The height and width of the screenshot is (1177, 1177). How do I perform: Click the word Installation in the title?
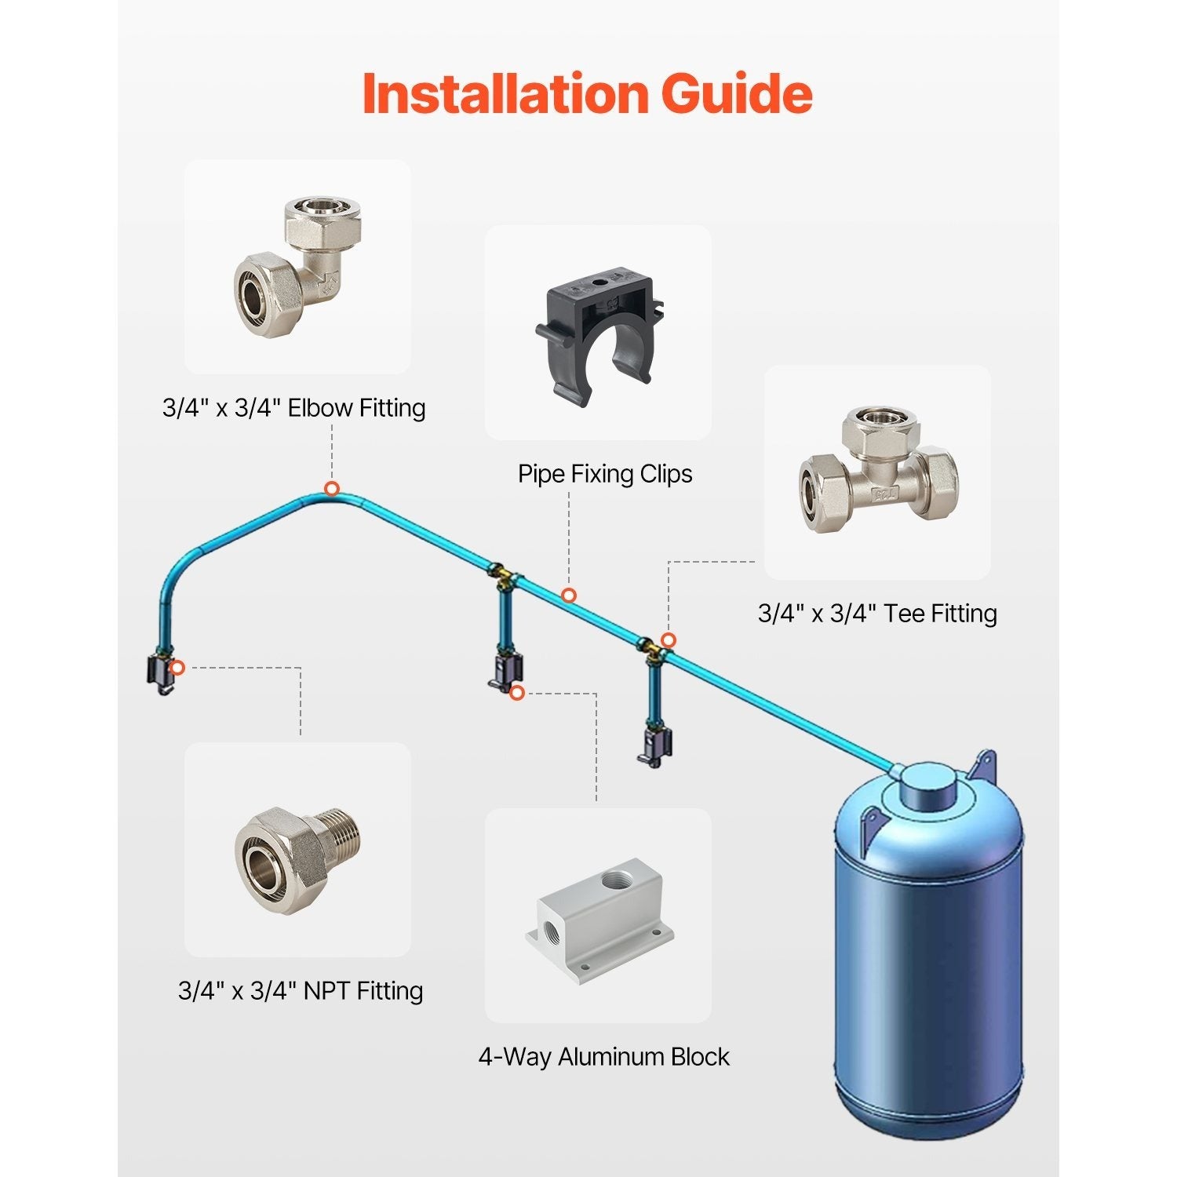505,93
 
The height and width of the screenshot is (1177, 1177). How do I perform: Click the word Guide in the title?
737,93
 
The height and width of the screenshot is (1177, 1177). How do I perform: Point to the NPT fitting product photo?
298,859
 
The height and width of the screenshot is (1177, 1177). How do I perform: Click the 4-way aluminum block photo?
599,918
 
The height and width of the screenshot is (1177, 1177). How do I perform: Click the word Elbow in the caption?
319,408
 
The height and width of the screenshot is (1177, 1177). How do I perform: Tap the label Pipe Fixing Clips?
605,474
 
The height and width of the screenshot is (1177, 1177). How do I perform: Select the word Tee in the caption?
904,614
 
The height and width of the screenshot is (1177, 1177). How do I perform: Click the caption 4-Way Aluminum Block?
604,1057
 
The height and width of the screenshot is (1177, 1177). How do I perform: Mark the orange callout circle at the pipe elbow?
332,489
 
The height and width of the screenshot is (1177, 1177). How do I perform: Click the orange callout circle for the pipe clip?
569,596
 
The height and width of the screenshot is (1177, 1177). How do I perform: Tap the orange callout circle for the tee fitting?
668,640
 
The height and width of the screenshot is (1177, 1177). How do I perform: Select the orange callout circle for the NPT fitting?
178,668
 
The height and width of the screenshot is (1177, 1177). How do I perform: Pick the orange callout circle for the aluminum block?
516,693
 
